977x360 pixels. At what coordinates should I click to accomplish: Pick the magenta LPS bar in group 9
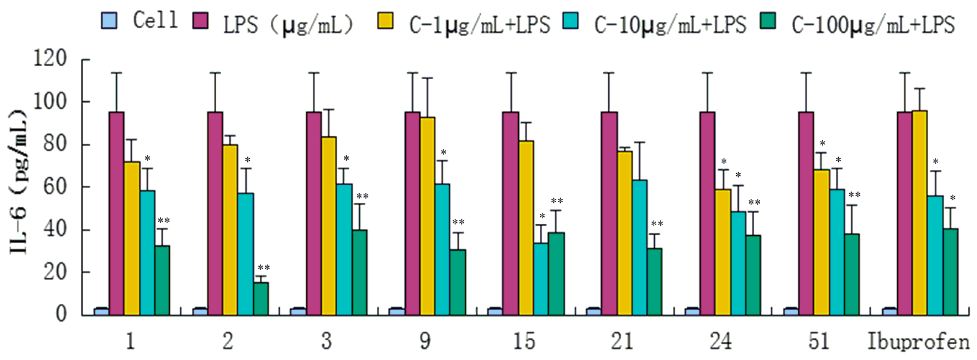(412, 214)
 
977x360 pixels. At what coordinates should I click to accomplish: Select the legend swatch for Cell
(109, 21)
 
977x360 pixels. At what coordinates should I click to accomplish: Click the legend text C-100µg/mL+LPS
(873, 25)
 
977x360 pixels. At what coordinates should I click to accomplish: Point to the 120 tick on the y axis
(50, 59)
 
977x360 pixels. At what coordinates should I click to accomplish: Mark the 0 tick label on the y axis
(61, 314)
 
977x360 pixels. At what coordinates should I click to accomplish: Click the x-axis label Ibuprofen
(918, 342)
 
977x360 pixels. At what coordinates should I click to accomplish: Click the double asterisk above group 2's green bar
(264, 268)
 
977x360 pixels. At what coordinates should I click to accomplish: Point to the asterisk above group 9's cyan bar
(443, 152)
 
